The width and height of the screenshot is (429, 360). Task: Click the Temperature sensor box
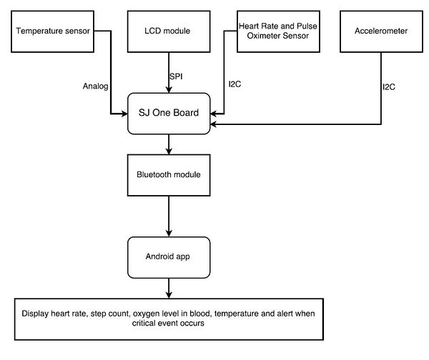(52, 31)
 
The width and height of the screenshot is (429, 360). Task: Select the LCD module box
(169, 31)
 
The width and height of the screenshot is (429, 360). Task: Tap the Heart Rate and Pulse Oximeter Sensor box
(278, 31)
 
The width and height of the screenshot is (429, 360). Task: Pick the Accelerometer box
(381, 31)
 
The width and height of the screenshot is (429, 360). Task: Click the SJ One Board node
(169, 114)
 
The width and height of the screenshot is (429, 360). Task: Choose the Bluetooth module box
(169, 175)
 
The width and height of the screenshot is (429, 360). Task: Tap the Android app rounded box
(169, 257)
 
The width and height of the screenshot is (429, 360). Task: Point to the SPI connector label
(176, 76)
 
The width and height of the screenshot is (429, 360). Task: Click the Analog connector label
(96, 86)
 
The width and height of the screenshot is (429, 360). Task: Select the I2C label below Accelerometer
(389, 87)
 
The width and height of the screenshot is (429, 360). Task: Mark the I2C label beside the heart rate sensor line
(235, 84)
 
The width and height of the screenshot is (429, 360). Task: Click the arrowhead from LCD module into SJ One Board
(169, 90)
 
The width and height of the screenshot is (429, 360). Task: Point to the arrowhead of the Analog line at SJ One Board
(124, 114)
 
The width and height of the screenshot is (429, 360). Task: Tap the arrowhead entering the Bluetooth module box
(169, 151)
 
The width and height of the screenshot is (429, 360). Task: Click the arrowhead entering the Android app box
(169, 234)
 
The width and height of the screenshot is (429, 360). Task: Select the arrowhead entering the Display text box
(169, 295)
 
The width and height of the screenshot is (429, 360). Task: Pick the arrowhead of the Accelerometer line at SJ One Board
(214, 124)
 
